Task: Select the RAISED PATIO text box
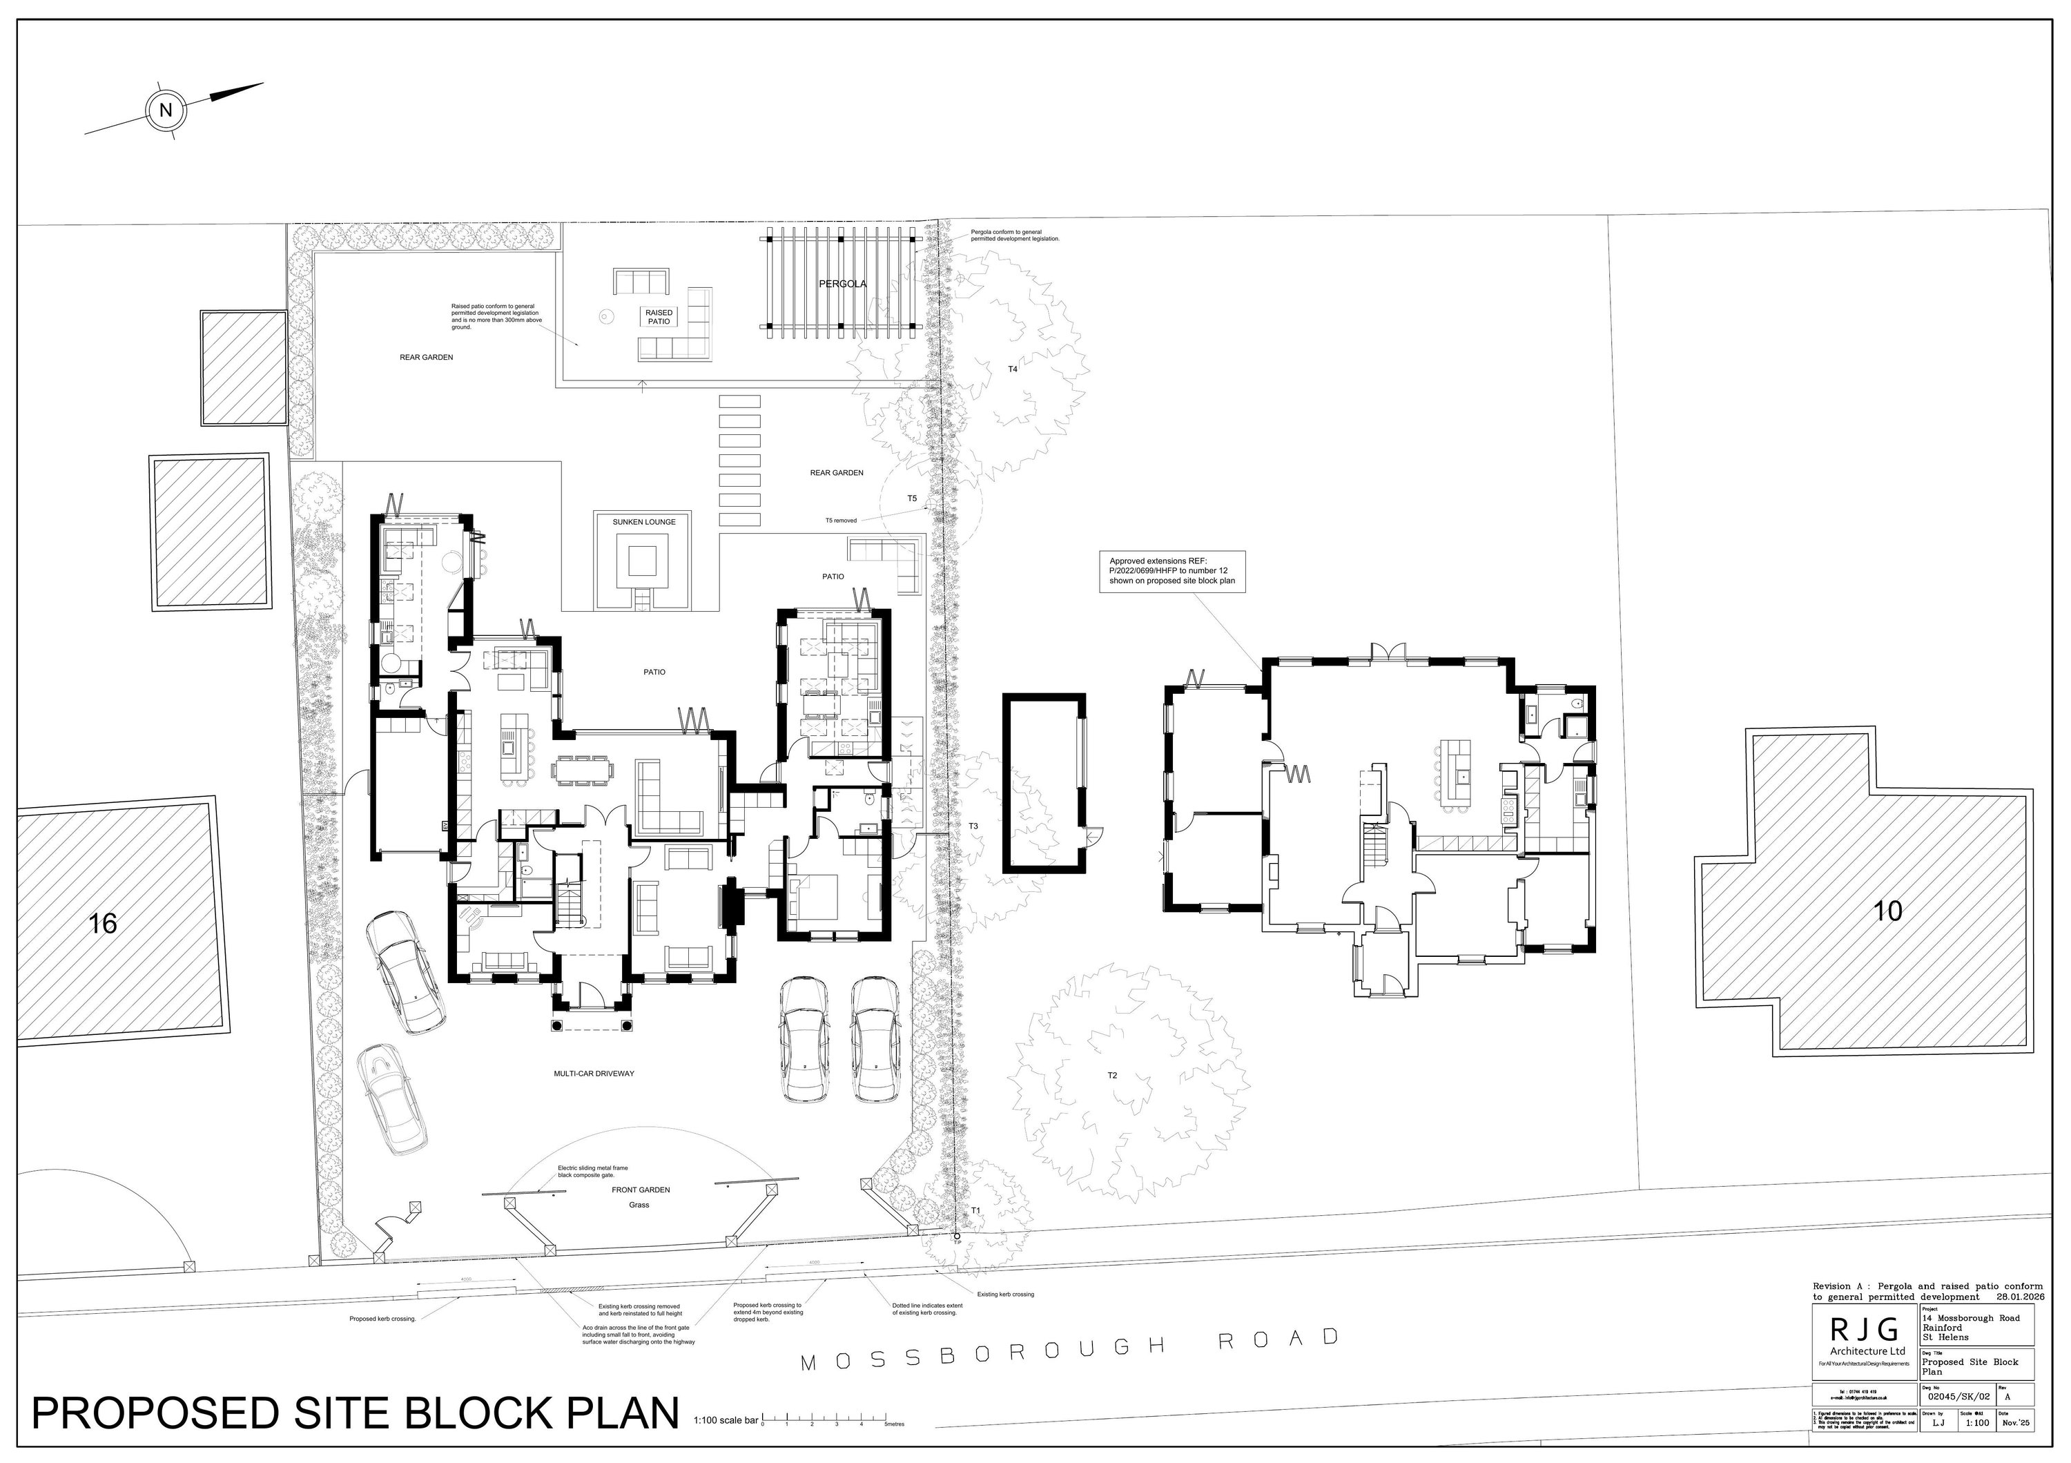(x=659, y=317)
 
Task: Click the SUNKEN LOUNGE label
(x=644, y=522)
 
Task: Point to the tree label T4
(x=1012, y=369)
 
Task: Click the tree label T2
(x=1112, y=1075)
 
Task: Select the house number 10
(x=1888, y=911)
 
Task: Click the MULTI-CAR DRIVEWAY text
(x=594, y=1074)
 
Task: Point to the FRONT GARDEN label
(x=641, y=1190)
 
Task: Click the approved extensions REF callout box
(x=1171, y=571)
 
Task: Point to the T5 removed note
(x=841, y=521)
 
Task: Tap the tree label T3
(x=973, y=826)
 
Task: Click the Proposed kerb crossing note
(x=382, y=1319)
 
